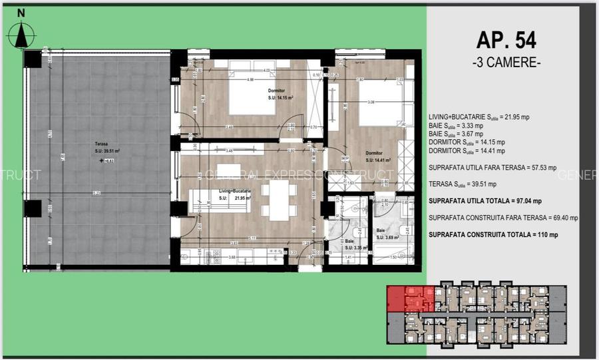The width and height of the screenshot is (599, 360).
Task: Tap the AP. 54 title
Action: pyautogui.click(x=506, y=40)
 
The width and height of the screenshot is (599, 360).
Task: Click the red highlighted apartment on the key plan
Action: pyautogui.click(x=410, y=299)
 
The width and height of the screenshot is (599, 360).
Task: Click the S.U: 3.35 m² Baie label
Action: pyautogui.click(x=349, y=246)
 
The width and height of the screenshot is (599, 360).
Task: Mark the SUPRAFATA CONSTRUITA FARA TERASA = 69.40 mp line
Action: pyautogui.click(x=503, y=218)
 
